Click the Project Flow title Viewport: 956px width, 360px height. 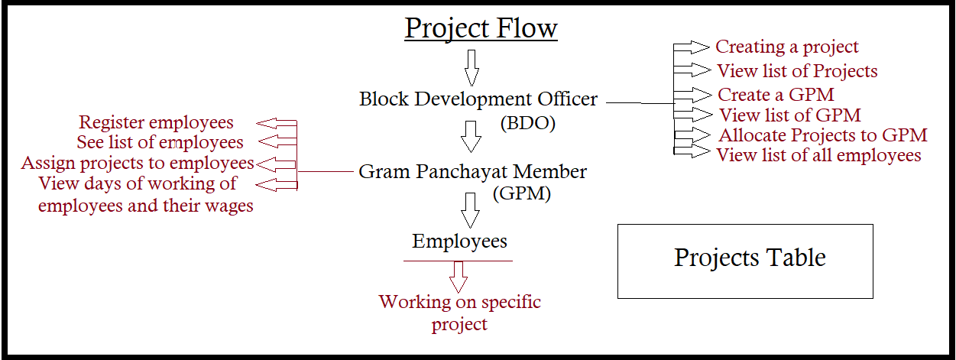point(481,28)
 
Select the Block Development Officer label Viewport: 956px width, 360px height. point(478,99)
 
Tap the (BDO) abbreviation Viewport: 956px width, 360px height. point(528,123)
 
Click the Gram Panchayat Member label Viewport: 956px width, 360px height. point(472,172)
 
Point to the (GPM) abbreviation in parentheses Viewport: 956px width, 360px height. point(521,193)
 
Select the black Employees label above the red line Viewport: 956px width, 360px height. point(459,242)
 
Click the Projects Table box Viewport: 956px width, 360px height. point(745,261)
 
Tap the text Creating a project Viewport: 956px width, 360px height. point(787,47)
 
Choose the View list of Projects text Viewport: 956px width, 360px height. point(797,71)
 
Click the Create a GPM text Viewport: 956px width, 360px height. point(776,95)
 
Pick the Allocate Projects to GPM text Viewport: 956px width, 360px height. point(823,135)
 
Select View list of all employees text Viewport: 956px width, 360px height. point(818,155)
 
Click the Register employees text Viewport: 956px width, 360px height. point(156,123)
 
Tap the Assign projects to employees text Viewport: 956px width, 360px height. point(138,164)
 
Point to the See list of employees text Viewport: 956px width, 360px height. point(160,143)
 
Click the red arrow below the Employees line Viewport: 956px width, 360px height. point(459,277)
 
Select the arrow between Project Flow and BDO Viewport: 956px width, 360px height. point(472,68)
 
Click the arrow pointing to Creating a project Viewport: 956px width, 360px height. point(692,47)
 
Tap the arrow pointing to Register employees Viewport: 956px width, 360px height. point(277,123)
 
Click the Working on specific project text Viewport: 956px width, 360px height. point(459,313)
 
